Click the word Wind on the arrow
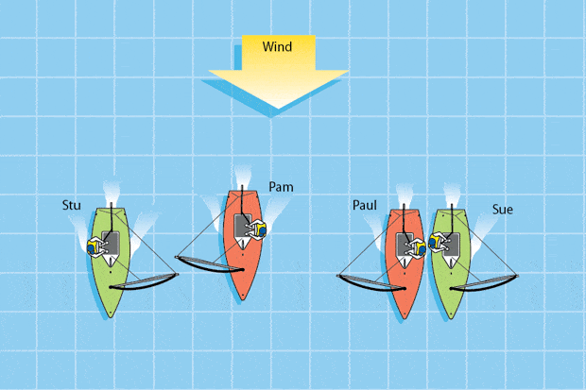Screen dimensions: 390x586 (269, 47)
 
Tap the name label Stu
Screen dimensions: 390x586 (71, 204)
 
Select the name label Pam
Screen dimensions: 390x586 (281, 187)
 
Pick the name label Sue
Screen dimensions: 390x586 (502, 209)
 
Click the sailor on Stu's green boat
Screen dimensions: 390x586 (97, 246)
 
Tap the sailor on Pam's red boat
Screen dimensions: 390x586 (255, 229)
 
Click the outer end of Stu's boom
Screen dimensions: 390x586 (177, 276)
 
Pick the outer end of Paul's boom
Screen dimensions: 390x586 (340, 277)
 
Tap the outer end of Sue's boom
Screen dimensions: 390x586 (516, 276)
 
